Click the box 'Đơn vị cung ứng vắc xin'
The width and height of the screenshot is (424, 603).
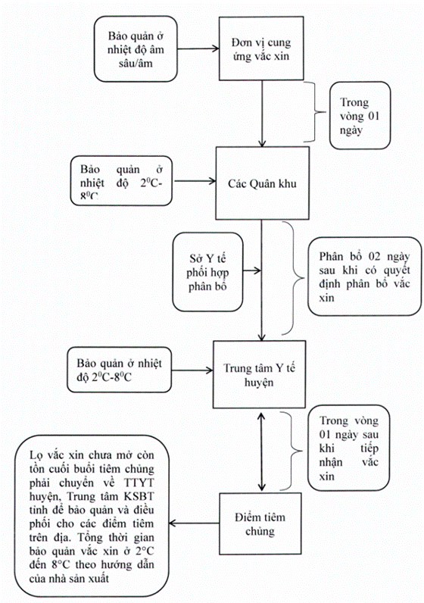(261, 48)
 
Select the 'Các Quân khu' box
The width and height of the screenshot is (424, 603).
(262, 183)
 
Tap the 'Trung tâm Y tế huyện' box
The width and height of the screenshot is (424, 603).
(260, 374)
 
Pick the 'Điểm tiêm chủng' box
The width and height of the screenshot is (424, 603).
(260, 523)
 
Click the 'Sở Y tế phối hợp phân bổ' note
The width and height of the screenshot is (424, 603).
(207, 272)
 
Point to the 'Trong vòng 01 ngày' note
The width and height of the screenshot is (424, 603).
(360, 115)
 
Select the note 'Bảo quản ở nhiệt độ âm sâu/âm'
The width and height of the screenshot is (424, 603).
(136, 48)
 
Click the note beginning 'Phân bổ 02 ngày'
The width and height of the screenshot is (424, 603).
(364, 277)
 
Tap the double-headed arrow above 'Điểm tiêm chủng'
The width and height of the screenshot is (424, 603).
(262, 451)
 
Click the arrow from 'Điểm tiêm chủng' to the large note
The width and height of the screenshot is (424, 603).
(194, 523)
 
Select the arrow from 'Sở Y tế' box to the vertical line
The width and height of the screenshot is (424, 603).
(252, 270)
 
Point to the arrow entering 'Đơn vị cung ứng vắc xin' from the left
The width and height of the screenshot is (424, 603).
(198, 48)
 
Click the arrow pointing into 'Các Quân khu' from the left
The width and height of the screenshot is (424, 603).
(194, 181)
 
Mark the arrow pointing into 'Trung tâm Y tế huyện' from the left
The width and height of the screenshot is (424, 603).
(192, 370)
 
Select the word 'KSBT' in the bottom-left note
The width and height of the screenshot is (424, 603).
(139, 496)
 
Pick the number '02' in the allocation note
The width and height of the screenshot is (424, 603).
(374, 256)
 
